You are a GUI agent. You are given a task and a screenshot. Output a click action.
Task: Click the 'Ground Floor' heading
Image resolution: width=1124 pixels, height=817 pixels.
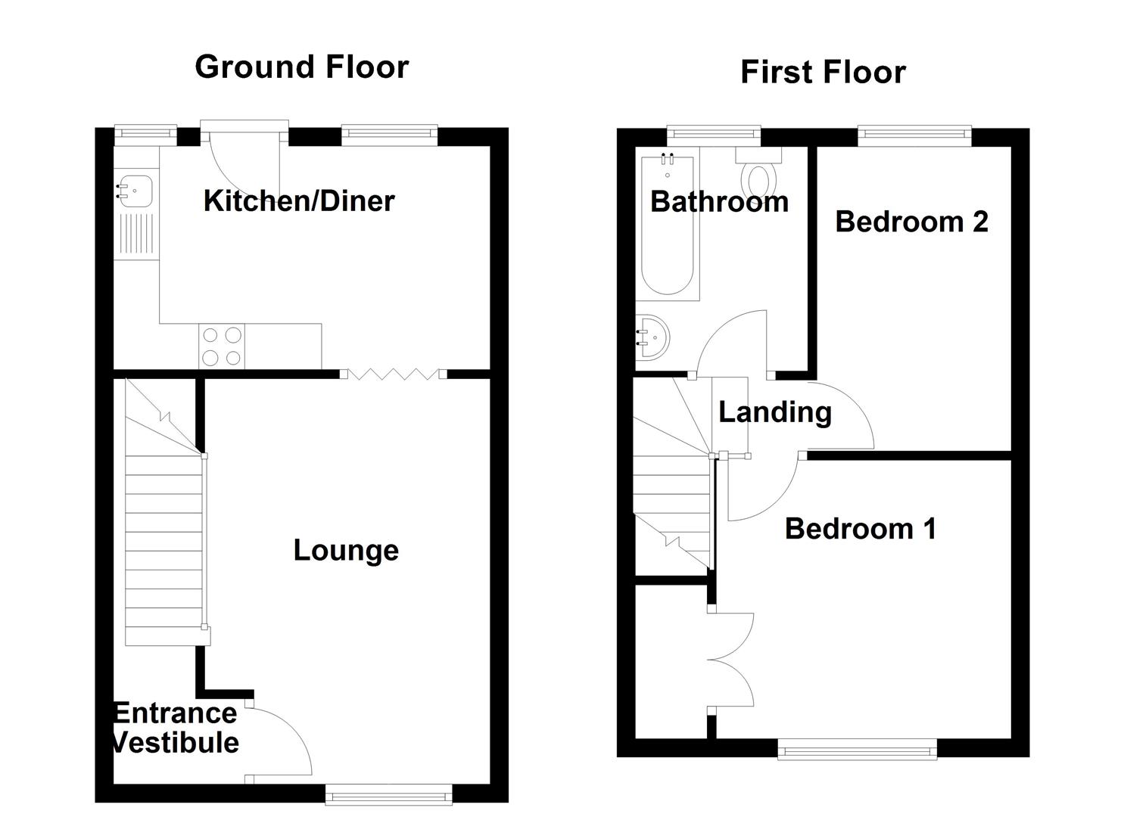[x=301, y=67]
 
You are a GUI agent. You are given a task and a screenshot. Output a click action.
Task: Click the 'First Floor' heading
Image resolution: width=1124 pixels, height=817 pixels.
[x=822, y=73]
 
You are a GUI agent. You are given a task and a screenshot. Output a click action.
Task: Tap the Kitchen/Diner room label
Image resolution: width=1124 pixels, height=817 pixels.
[x=299, y=201]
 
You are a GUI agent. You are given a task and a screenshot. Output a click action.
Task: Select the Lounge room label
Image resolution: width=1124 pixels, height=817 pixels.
[x=346, y=551]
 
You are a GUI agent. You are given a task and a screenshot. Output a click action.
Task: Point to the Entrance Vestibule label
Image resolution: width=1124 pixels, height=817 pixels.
[x=176, y=728]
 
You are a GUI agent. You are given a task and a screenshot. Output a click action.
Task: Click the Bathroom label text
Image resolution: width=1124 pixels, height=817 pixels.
[x=719, y=202]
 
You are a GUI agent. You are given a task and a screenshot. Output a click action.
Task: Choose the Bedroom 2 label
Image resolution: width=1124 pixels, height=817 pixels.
[x=911, y=222]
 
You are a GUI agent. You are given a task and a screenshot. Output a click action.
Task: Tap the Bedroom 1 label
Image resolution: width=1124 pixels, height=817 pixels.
[x=861, y=529]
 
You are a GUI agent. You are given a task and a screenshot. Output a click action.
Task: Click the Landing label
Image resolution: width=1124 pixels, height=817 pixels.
[x=774, y=412]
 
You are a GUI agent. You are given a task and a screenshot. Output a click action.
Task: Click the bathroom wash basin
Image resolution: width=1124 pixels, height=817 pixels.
[x=651, y=336]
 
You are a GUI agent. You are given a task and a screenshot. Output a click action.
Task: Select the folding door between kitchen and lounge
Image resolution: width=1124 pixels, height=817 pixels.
[x=394, y=374]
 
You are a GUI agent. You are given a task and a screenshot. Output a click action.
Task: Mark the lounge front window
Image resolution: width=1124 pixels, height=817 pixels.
[x=388, y=793]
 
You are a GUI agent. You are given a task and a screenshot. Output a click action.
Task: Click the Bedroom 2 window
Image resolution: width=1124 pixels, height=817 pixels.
[x=914, y=136]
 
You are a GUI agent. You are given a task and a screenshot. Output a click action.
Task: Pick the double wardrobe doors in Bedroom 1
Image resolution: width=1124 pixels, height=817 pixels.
[x=731, y=660]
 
